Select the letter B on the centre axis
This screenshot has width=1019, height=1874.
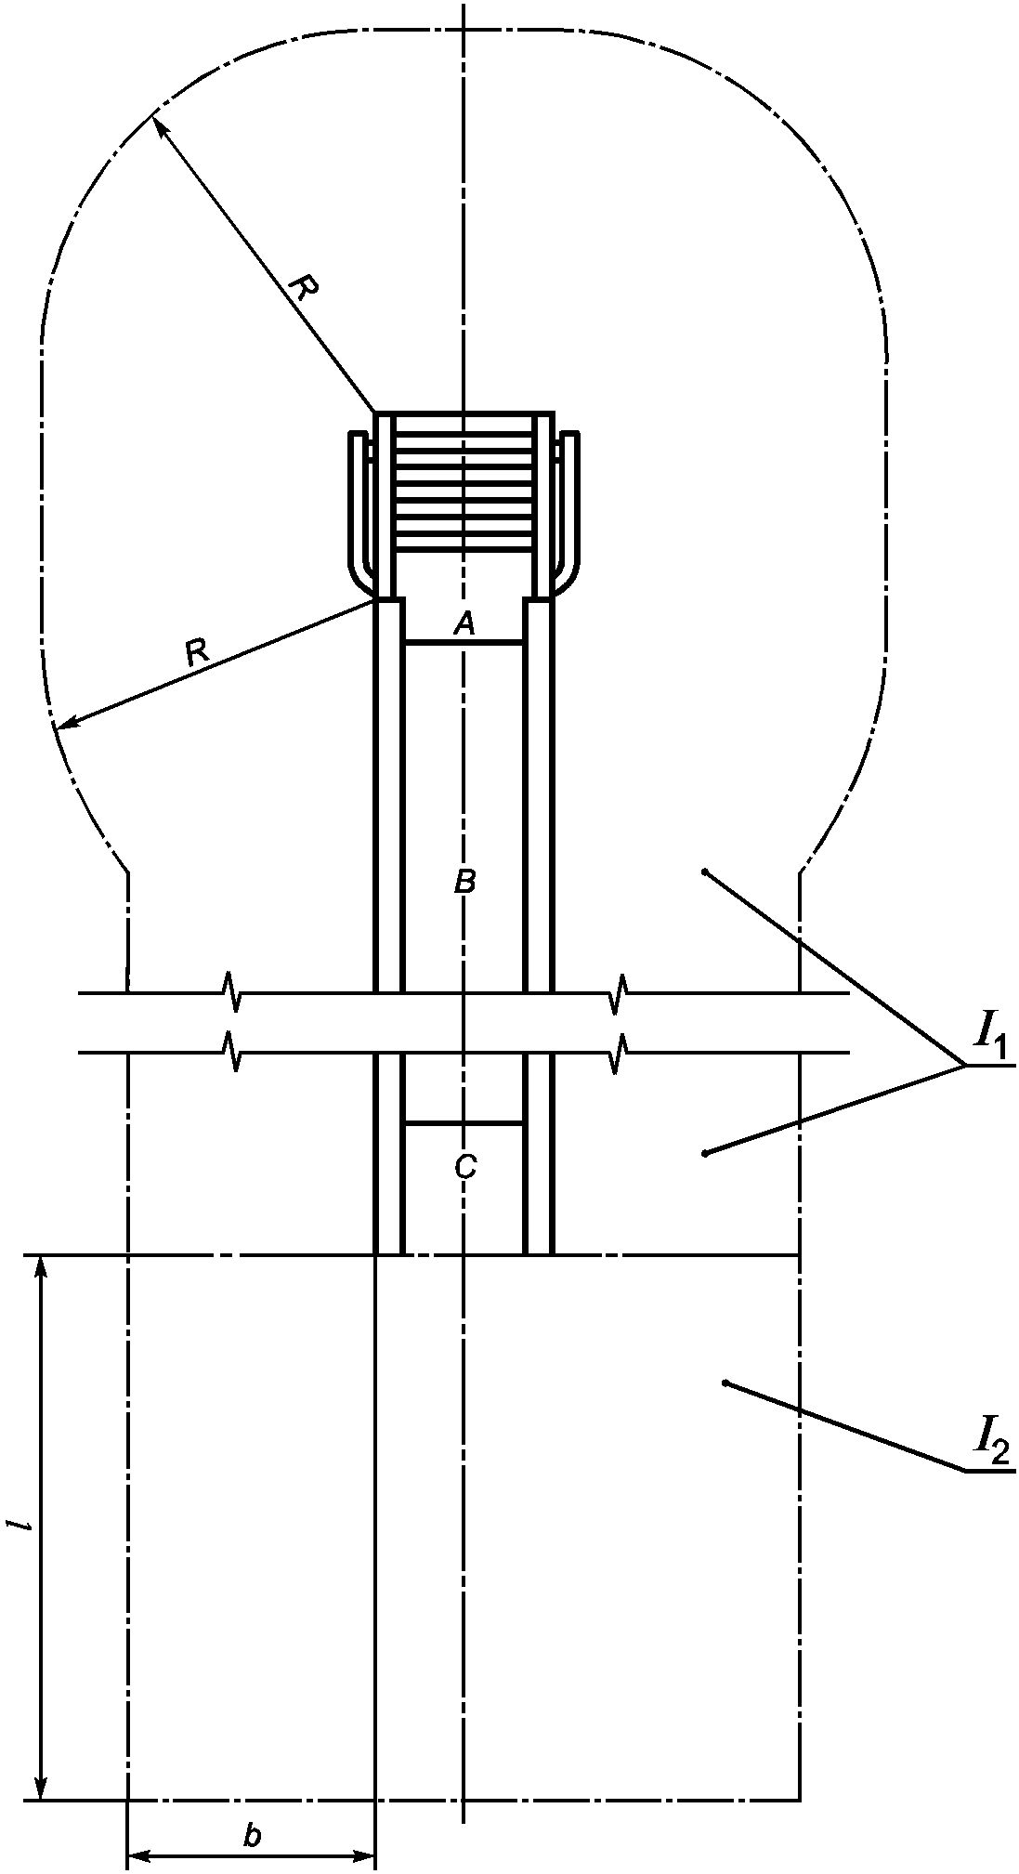coord(465,882)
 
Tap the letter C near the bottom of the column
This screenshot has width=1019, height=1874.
coord(465,1166)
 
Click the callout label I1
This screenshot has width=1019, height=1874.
coord(987,1043)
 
